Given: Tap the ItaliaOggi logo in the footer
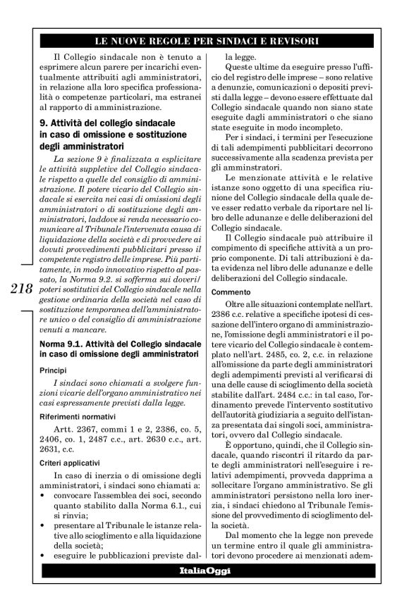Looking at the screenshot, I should click(x=205, y=589).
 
